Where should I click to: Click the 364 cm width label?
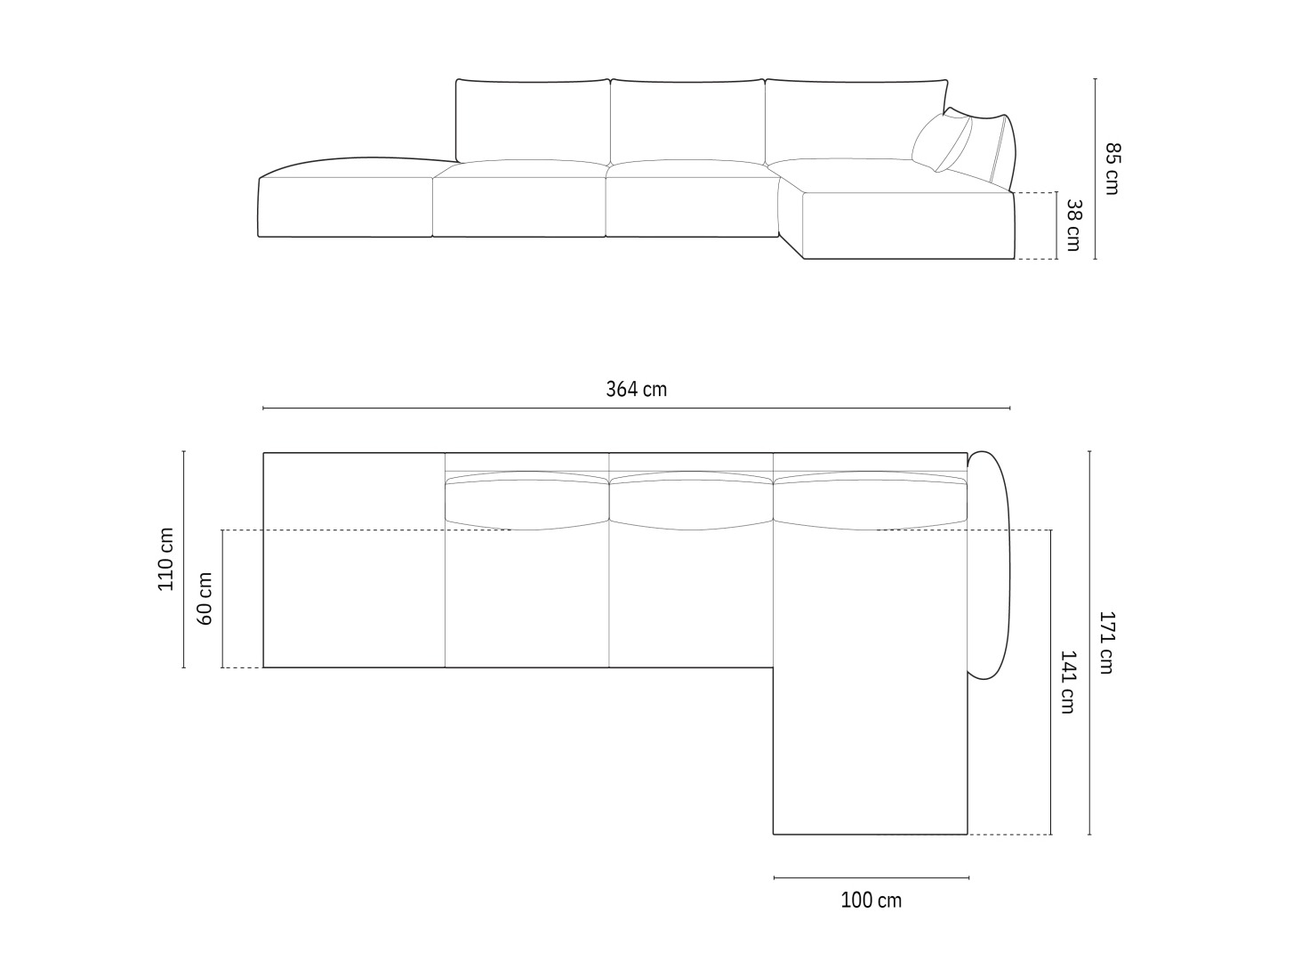(636, 389)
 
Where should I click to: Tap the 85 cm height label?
(1112, 168)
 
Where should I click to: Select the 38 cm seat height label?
(1073, 225)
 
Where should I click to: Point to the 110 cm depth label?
(166, 560)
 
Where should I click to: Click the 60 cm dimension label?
(205, 598)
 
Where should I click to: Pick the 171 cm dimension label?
(1105, 643)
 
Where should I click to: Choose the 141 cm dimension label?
(1067, 682)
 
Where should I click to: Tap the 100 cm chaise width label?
(871, 901)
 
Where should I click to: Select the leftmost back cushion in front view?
(533, 120)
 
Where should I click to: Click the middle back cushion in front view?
(687, 120)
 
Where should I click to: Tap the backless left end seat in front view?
(345, 206)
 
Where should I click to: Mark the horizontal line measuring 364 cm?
(636, 408)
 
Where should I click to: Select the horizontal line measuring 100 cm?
(871, 878)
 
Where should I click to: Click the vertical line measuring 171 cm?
(1090, 643)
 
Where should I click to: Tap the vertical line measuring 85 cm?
(1096, 168)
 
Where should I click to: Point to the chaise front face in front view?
(907, 226)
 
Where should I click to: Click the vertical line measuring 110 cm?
(184, 560)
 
